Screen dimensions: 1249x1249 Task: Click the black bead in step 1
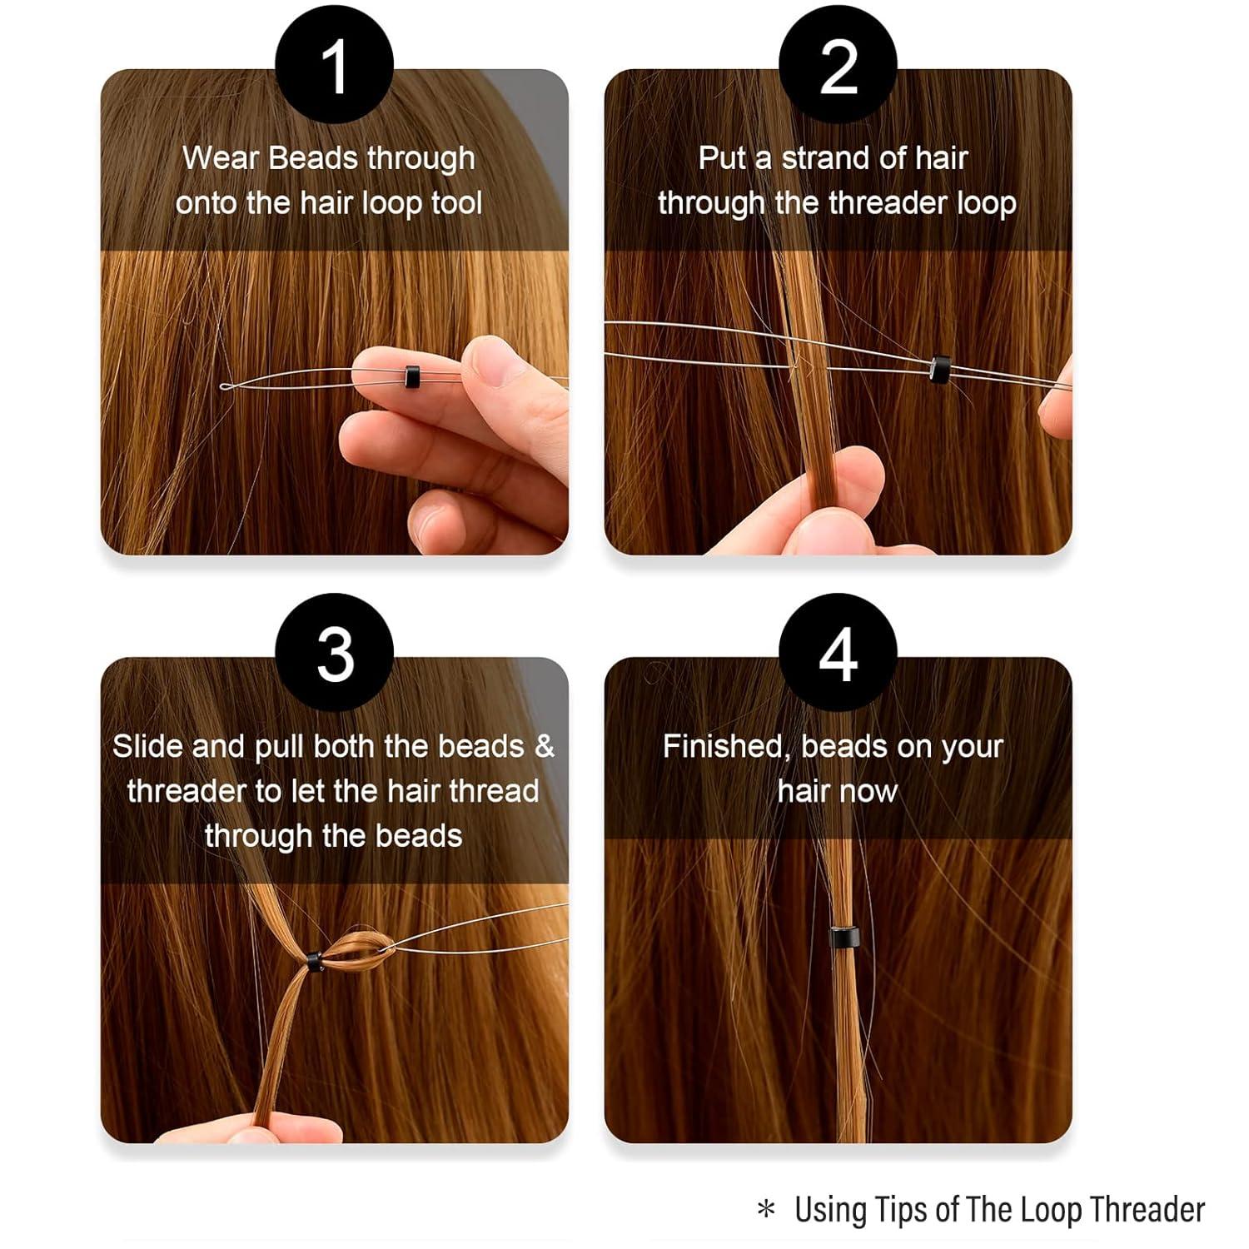coord(411,376)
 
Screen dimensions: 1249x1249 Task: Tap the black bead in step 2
coord(940,368)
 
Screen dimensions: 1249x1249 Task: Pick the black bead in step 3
coord(313,961)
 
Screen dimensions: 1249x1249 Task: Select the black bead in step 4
coord(843,937)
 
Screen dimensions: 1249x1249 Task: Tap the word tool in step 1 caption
coord(456,203)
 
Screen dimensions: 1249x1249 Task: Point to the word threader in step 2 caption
coord(888,203)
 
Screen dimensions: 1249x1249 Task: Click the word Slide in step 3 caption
coord(147,746)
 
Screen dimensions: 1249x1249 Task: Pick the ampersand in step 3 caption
coord(544,746)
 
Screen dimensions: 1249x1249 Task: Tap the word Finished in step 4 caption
coord(726,746)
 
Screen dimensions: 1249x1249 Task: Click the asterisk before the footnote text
coord(766,1210)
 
